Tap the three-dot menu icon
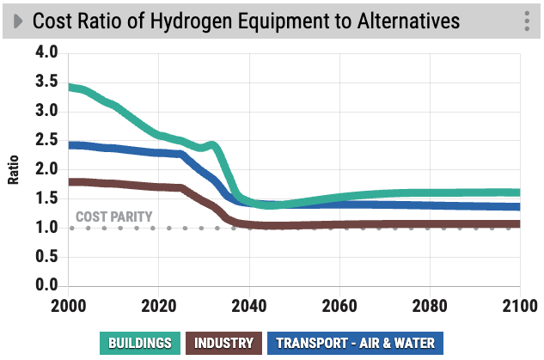[526, 21]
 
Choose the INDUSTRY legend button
[223, 344]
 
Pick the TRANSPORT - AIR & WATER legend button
[355, 344]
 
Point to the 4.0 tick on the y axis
[46, 52]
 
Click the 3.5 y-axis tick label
[46, 82]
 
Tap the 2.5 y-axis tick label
[46, 140]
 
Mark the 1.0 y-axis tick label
[46, 228]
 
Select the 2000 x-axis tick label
[68, 305]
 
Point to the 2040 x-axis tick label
[248, 305]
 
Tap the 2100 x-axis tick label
[516, 305]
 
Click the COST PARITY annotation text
[113, 217]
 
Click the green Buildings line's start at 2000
[70, 87]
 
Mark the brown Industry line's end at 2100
[519, 224]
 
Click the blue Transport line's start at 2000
[70, 144]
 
